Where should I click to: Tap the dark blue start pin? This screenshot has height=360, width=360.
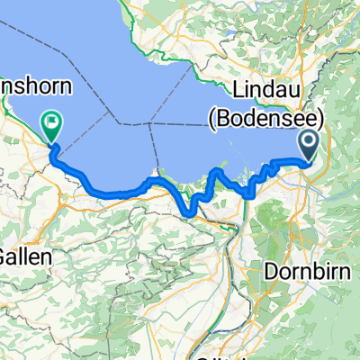coord(309,145)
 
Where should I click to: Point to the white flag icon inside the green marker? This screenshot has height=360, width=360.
coord(51,121)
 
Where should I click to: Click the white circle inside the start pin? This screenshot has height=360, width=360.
coord(309,139)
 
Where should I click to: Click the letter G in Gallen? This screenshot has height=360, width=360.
coord(6,256)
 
